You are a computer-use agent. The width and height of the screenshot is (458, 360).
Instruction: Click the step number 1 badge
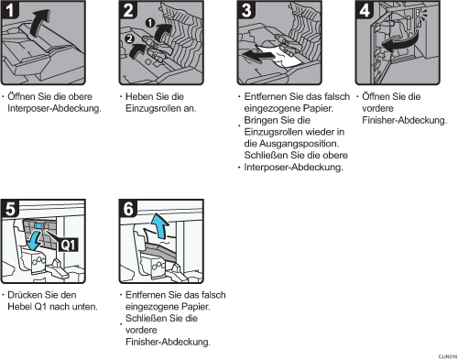coord(9,10)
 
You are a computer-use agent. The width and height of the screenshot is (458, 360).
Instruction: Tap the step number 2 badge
coord(128,10)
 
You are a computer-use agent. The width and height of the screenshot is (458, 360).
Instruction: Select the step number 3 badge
coord(246,10)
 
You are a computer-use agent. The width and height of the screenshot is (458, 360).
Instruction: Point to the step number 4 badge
coord(365,10)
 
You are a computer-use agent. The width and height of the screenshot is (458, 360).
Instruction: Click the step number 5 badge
coord(9,209)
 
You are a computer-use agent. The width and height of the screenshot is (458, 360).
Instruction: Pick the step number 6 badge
coord(128,209)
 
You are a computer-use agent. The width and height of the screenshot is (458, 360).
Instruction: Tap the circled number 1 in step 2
coord(150,23)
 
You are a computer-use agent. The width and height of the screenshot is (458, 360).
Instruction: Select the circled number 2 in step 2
coord(129,38)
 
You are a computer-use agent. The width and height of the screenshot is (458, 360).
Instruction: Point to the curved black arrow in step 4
coord(398,42)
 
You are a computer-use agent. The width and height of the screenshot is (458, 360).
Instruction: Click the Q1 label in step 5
coord(68,245)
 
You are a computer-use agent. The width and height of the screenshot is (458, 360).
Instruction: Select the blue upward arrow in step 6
coord(159,226)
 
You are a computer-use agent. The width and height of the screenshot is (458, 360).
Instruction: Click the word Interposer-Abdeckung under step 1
coord(54,108)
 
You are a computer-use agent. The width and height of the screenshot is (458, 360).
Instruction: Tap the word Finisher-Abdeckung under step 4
coord(404,120)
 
